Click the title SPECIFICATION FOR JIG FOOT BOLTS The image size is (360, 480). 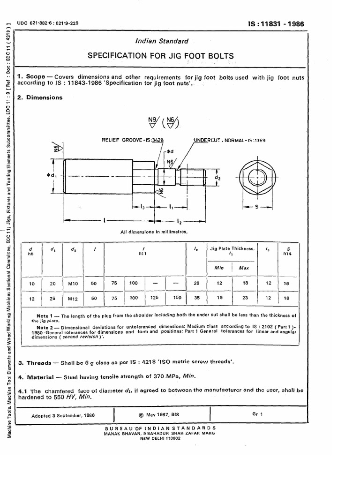click(x=161, y=56)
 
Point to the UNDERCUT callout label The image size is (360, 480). click(x=208, y=140)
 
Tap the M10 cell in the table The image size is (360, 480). click(x=74, y=284)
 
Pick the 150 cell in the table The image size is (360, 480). click(x=177, y=298)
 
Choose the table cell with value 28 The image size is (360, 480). click(x=196, y=284)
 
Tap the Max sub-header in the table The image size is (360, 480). click(x=244, y=268)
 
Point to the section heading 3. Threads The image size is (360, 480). click(x=34, y=363)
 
